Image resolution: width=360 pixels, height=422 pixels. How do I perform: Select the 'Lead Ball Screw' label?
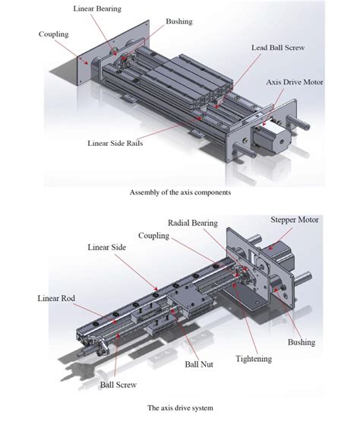point(279,46)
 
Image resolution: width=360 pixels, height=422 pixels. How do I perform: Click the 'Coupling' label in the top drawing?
point(52,33)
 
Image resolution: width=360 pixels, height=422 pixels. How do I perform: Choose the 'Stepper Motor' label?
point(295,220)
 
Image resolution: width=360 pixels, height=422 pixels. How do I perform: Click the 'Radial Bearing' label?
point(193,223)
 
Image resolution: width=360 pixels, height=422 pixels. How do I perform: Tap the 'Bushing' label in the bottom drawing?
point(302,343)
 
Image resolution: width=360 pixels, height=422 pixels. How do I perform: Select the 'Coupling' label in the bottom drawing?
point(153,236)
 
